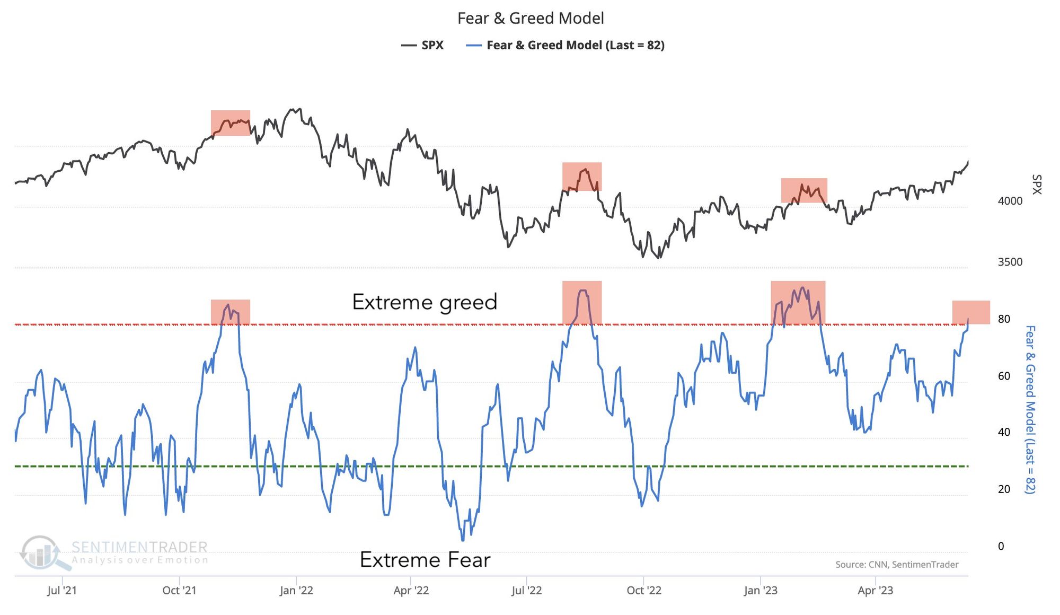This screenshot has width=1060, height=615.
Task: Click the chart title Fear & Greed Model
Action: point(531,19)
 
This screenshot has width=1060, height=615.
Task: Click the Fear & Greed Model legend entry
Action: point(566,46)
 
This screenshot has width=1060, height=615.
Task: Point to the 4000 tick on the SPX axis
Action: point(1010,201)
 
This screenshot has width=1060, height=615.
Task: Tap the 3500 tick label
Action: point(1010,262)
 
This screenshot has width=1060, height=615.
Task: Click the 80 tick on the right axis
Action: point(1004,319)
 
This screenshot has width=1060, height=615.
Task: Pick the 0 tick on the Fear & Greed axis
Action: point(1001,547)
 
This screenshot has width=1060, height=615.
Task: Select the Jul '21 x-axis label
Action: point(62,591)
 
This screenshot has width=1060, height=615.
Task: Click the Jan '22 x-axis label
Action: point(296,591)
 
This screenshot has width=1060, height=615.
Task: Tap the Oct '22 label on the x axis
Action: point(644,591)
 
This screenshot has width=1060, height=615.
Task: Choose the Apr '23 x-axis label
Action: point(876,591)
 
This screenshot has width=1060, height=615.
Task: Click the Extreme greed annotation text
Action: point(425,302)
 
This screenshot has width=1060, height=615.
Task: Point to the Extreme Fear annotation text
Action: point(425,560)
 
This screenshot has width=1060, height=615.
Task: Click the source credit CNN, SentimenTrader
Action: point(897,565)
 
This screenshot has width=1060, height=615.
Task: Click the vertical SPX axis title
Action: point(1037,184)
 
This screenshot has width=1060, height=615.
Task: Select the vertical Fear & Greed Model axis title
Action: point(1030,409)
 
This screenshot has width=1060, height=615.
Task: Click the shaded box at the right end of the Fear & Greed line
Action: point(971,312)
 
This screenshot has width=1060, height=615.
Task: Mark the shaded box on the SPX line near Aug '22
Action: point(582,177)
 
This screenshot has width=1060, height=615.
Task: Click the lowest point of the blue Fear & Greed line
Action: point(463,540)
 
